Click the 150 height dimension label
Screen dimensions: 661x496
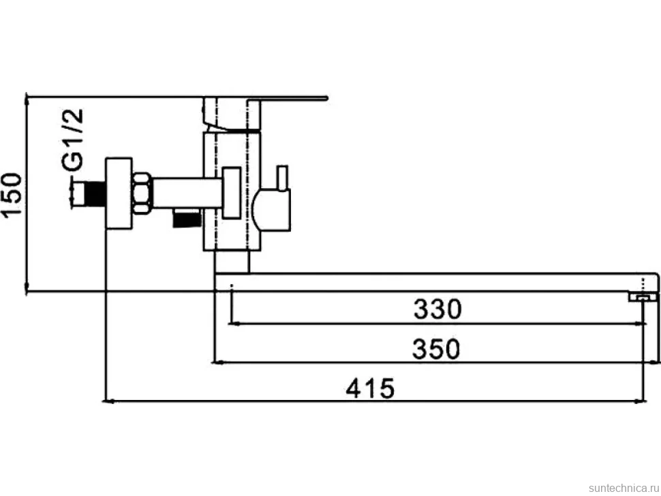point(12,194)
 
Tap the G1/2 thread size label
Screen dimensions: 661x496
point(72,140)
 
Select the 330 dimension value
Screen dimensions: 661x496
point(437,309)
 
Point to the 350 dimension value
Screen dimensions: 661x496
point(436,349)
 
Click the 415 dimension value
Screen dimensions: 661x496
point(370,388)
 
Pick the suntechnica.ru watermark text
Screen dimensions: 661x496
point(624,488)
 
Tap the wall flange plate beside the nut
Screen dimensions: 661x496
point(119,193)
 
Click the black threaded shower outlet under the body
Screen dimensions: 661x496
point(187,219)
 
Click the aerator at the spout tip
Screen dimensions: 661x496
point(643,297)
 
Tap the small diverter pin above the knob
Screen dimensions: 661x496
point(282,177)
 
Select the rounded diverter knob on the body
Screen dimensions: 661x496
point(271,210)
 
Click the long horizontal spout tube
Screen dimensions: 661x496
point(436,282)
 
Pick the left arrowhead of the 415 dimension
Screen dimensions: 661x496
point(108,401)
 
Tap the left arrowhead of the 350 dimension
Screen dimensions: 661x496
point(217,362)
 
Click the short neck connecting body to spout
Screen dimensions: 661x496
point(232,262)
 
